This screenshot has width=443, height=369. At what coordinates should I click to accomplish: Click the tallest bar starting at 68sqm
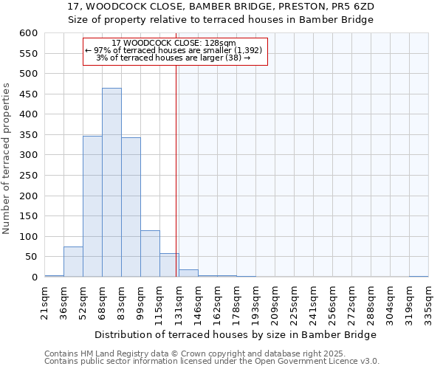pos(111,182)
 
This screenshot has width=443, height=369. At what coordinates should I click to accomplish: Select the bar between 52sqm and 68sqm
pos(92,207)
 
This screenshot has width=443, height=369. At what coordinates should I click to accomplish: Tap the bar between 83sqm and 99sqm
pos(131,207)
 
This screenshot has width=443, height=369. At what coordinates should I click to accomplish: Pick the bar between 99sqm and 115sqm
pos(150,254)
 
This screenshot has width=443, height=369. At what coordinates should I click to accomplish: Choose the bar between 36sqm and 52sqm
pos(73,262)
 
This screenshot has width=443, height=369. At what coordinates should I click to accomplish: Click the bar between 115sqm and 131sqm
pos(169,266)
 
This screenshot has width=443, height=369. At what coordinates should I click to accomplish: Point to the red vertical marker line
pos(176,170)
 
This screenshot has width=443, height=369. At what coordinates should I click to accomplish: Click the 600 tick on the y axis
pos(28,33)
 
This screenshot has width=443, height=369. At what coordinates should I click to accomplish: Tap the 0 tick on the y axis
pos(34,277)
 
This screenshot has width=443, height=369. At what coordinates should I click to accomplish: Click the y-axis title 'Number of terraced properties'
pos(7,158)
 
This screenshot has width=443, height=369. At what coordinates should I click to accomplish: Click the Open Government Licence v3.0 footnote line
pos(212,362)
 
